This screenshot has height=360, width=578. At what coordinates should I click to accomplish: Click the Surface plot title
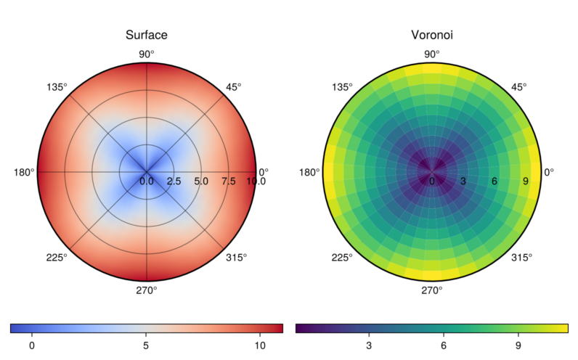click(x=147, y=35)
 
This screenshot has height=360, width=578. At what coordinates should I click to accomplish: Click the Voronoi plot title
click(x=432, y=35)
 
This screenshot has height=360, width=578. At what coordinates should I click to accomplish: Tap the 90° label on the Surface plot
click(x=147, y=54)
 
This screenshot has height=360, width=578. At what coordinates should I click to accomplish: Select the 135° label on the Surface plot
click(x=57, y=87)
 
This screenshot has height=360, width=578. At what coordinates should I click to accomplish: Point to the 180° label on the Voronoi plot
click(x=309, y=173)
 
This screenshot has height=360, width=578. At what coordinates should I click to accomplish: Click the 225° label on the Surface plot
click(x=57, y=258)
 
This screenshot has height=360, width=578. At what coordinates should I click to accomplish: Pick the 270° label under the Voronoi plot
click(x=432, y=291)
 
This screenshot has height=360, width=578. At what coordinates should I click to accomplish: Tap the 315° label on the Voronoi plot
click(x=521, y=258)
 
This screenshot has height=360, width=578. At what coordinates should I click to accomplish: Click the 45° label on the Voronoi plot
click(x=518, y=87)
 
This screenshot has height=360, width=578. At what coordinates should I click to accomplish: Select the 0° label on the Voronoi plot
click(x=549, y=173)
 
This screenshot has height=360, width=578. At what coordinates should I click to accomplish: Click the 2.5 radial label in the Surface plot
click(x=174, y=181)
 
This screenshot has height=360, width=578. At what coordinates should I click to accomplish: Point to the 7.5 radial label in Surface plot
click(x=228, y=181)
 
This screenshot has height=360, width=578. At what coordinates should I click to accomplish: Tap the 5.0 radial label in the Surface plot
click(x=201, y=181)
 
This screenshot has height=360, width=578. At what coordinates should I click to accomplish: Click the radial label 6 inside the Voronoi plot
click(x=494, y=181)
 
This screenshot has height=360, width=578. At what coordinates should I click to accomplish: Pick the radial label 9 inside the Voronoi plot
click(x=526, y=181)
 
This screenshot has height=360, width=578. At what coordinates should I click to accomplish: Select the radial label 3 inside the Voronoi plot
click(x=463, y=181)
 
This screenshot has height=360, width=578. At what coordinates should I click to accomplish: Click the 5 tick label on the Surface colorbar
click(x=146, y=345)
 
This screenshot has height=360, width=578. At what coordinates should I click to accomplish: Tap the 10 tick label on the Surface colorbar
click(x=260, y=345)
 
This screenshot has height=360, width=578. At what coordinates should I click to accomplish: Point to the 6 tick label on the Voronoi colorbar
click(x=443, y=345)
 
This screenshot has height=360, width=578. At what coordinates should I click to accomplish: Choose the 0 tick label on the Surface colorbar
click(x=32, y=345)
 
